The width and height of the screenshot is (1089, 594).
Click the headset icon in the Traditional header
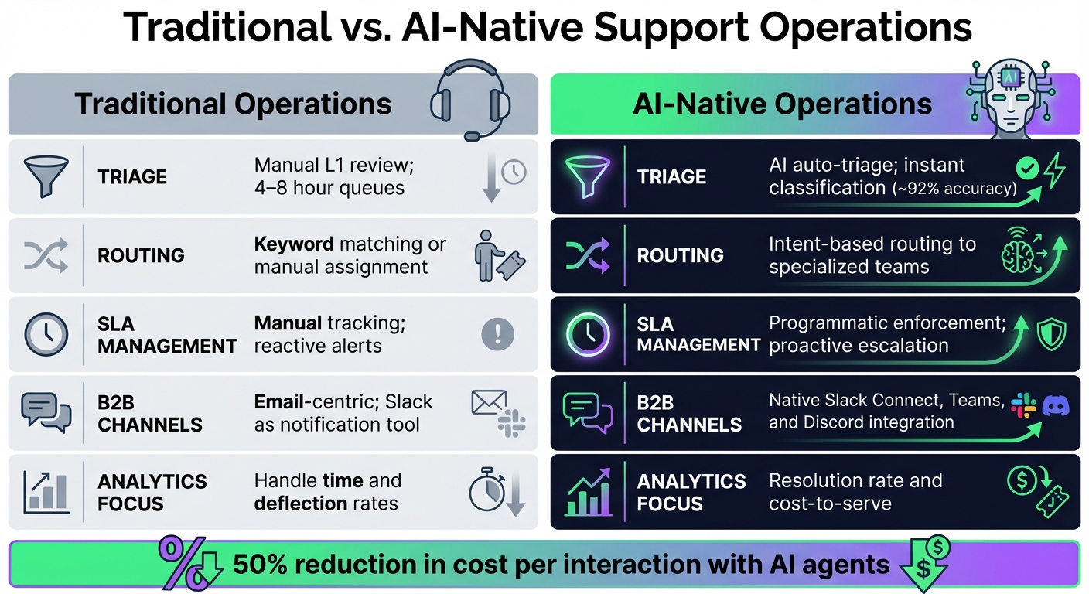[469, 101]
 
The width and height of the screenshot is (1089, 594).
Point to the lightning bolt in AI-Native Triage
[1054, 171]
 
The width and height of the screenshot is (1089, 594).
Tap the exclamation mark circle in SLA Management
[497, 334]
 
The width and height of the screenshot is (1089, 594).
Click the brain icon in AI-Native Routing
[1019, 251]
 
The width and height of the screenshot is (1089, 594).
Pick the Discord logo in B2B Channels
[1055, 405]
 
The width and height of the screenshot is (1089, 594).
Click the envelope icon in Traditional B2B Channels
[489, 403]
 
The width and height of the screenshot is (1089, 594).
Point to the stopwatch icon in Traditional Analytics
[485, 490]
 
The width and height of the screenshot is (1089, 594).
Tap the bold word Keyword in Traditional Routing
[294, 244]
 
